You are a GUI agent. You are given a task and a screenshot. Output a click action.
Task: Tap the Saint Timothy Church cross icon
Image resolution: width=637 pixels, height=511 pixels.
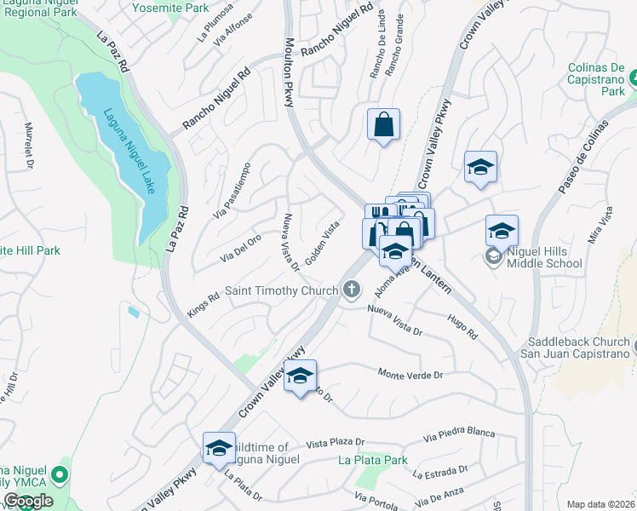[x=351, y=290]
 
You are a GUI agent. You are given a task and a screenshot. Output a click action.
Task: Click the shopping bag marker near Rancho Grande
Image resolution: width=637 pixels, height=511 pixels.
[x=383, y=124]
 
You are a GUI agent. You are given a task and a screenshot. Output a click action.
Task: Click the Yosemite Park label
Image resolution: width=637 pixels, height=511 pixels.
[x=170, y=8]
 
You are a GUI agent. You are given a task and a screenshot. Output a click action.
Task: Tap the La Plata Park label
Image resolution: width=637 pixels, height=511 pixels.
[x=372, y=461]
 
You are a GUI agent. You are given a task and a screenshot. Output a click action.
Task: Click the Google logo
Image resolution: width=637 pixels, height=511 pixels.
[x=28, y=501]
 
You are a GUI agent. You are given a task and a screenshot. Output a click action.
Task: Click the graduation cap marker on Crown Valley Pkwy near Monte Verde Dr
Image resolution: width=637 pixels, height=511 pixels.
[x=300, y=376]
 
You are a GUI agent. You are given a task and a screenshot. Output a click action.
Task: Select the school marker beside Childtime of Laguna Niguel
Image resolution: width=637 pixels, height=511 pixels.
[x=219, y=449]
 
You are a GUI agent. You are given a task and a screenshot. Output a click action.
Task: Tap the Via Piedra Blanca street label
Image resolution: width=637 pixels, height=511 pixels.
[x=459, y=434]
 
